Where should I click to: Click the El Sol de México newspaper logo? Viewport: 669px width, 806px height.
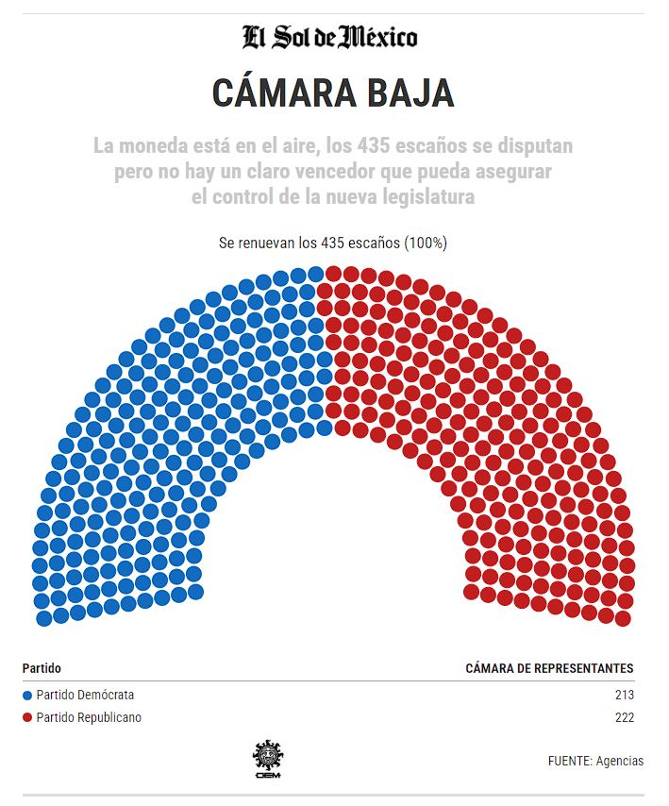(329, 38)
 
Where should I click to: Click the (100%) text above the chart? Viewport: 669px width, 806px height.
(426, 243)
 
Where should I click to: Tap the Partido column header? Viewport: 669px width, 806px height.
(42, 668)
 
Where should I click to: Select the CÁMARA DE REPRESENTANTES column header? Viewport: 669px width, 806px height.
(549, 668)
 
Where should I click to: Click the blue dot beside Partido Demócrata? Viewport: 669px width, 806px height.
(26, 696)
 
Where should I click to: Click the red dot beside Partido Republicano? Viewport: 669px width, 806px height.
(26, 718)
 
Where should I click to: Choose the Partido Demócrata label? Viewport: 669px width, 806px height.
(85, 696)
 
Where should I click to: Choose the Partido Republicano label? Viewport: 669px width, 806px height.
(89, 718)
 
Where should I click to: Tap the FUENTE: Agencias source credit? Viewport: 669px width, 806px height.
(595, 760)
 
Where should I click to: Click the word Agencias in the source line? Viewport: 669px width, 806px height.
(620, 760)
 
